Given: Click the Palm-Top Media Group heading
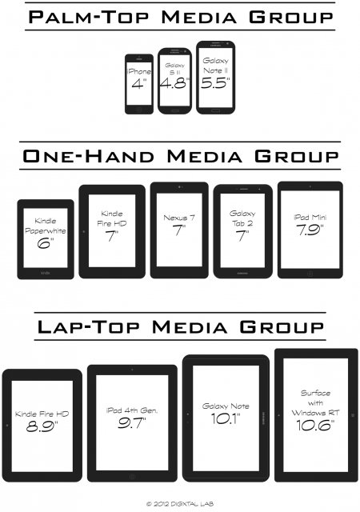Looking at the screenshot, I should (180, 18).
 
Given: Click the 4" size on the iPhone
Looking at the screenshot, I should (139, 82).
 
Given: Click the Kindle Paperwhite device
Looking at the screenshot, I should (46, 238).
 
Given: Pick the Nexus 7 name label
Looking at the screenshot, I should (178, 217).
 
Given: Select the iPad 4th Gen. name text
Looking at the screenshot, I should (131, 410).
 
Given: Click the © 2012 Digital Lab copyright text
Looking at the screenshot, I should (179, 503).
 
